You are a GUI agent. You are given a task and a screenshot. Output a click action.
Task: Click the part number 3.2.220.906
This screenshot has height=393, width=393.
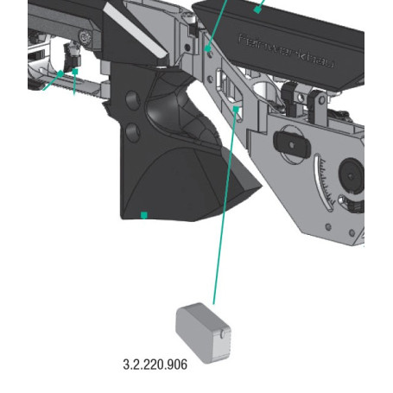pos(155,364)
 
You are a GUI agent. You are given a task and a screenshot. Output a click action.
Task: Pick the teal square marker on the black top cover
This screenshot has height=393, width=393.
pos(257,9)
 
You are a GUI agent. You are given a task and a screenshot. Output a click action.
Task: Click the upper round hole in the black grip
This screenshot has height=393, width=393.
pos(132,102)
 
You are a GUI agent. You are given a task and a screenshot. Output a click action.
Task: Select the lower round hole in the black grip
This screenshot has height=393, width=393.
pos(133,131)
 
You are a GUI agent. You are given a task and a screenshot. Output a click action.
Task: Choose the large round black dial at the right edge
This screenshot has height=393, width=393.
pos(354,174)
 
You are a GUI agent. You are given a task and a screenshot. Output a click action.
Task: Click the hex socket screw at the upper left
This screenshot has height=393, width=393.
pos(86,36)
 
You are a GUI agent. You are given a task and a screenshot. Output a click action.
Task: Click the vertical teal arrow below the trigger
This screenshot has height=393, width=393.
pos(75,82)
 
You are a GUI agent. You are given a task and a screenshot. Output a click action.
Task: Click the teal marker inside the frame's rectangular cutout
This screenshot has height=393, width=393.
pos(238,110)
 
